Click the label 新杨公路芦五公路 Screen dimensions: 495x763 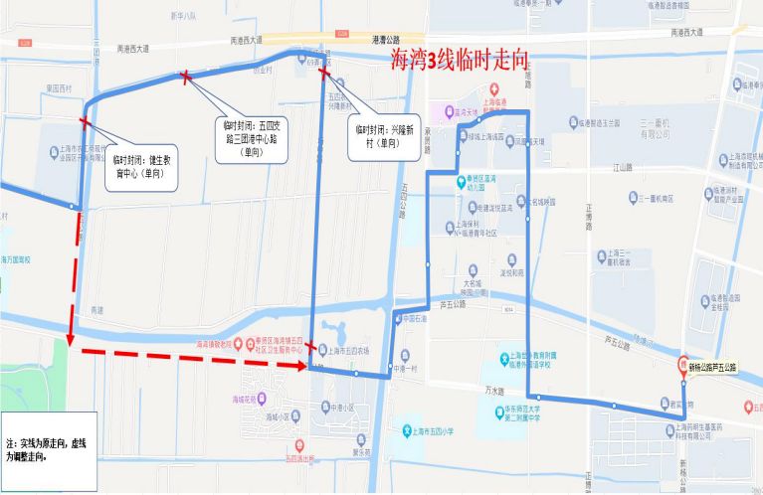pyautogui.click(x=712, y=367)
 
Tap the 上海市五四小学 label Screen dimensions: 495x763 pyautogui.click(x=433, y=431)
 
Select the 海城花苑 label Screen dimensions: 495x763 pyautogui.click(x=253, y=397)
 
